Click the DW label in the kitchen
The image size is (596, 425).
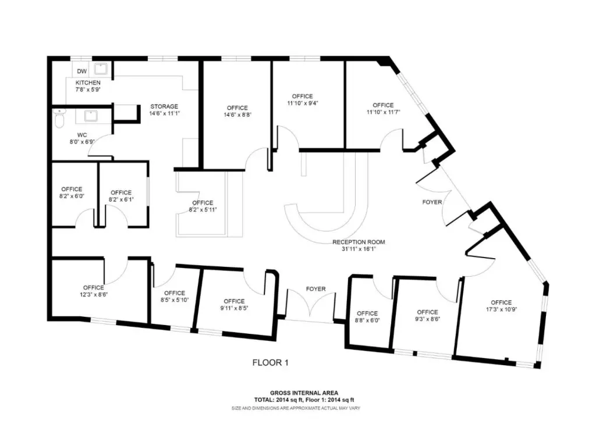81,71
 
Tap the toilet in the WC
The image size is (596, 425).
60,118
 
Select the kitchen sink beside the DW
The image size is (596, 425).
101,69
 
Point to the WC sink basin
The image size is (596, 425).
91,116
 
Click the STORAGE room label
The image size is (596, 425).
164,106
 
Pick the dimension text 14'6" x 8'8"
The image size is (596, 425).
237,115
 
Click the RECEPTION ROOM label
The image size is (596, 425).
359,242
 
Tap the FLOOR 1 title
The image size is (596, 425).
270,363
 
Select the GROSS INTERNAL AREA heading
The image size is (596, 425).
304,393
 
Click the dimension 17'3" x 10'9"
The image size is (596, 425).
501,309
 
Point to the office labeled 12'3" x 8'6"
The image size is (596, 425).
94,291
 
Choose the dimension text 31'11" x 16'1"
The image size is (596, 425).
359,249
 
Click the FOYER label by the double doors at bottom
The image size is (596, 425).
316,289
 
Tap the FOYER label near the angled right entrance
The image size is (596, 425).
432,202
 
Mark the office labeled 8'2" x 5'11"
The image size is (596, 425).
203,206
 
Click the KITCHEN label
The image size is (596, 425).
88,83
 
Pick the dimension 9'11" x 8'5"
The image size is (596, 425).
234,308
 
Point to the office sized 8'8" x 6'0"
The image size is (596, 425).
367,317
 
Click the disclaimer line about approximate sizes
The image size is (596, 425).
296,408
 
